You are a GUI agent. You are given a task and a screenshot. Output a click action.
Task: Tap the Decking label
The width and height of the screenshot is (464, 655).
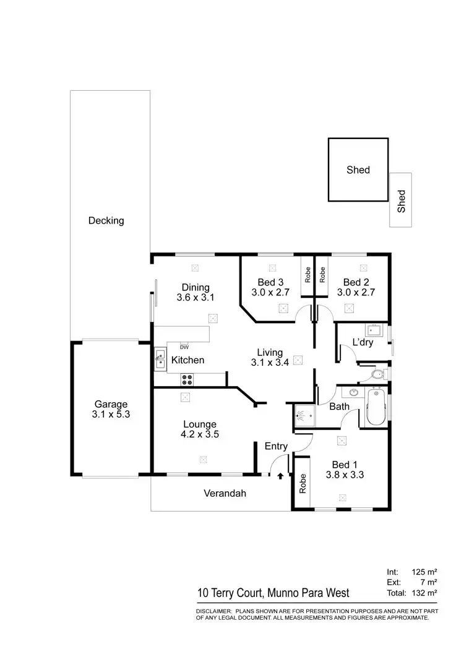coord(106,221)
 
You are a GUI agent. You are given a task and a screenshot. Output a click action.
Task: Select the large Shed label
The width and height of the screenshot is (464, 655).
coord(358,170)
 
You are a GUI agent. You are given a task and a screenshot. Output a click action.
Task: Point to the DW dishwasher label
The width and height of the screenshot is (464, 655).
coord(184,347)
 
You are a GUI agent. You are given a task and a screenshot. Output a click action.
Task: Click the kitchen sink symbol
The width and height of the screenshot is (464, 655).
coord(160,359)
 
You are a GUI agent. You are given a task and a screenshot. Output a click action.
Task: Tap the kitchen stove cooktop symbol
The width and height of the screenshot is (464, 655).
coord(187,377)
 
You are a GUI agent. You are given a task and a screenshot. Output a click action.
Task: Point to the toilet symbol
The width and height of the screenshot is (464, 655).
coord(377,374)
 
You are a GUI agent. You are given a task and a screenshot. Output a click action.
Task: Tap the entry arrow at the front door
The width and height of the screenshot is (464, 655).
coord(280,476)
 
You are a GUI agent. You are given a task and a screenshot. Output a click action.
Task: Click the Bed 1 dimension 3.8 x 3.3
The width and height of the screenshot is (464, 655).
coord(340,476)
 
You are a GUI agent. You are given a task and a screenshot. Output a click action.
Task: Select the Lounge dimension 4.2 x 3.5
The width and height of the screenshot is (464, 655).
coord(200,435)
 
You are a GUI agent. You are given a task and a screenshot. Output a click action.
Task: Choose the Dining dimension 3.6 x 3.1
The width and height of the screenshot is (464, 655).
coord(195,298)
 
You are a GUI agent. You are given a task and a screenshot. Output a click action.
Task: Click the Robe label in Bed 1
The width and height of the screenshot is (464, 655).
coord(303,483)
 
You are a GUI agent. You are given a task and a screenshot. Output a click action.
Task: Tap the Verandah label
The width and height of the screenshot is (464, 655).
coord(225,493)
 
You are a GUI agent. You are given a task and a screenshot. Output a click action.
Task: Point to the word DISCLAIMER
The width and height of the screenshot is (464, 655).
coord(214,611)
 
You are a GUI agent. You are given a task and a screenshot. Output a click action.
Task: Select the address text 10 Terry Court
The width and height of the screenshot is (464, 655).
coord(230,593)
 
